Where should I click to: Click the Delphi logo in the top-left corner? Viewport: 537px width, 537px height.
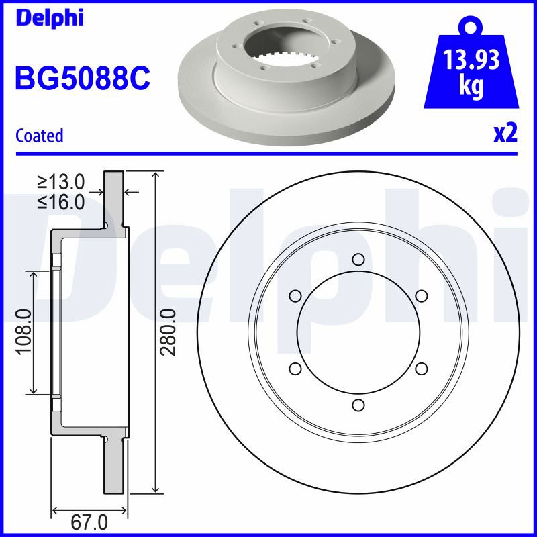click(50, 17)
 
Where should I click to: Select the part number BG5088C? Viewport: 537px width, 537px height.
click(83, 79)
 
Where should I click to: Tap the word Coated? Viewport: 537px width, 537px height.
click(40, 136)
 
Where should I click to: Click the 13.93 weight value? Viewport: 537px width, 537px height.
click(471, 59)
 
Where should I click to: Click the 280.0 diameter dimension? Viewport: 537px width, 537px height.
click(168, 332)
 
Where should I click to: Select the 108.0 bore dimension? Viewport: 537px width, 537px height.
click(24, 332)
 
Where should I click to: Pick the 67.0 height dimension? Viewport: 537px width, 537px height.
click(89, 522)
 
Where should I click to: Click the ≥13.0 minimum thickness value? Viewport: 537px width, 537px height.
click(61, 181)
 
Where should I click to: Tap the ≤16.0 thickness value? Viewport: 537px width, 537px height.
click(61, 202)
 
